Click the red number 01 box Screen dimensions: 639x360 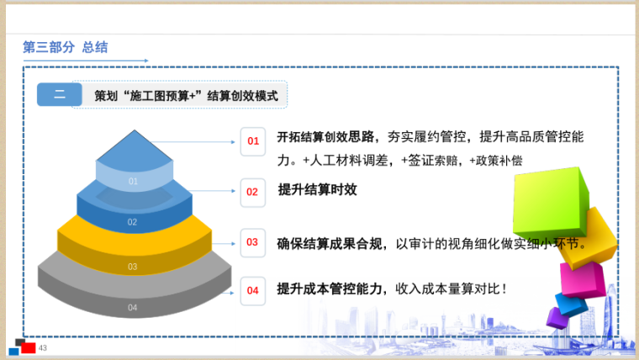[253, 141]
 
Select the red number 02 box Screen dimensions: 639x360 [253, 193]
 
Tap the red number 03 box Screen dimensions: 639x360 [253, 242]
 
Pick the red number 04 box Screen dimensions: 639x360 [253, 291]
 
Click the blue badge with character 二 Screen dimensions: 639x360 [60, 94]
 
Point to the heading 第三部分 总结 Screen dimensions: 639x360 [66, 47]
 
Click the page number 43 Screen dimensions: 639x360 [43, 347]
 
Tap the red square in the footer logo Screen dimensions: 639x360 [28, 347]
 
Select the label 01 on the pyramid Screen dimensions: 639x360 [133, 181]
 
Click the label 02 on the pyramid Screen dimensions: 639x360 [132, 222]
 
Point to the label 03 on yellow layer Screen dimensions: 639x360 [133, 267]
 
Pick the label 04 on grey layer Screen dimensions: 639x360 [133, 307]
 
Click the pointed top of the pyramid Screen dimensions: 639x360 [135, 130]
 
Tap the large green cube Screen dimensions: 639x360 [550, 202]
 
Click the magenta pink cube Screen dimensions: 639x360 [582, 279]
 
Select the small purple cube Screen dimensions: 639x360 [557, 318]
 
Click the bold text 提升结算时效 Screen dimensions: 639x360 [318, 189]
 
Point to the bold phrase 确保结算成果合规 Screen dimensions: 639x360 [330, 244]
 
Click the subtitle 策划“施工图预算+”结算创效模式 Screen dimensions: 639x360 [187, 96]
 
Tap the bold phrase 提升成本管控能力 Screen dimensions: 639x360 [330, 289]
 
